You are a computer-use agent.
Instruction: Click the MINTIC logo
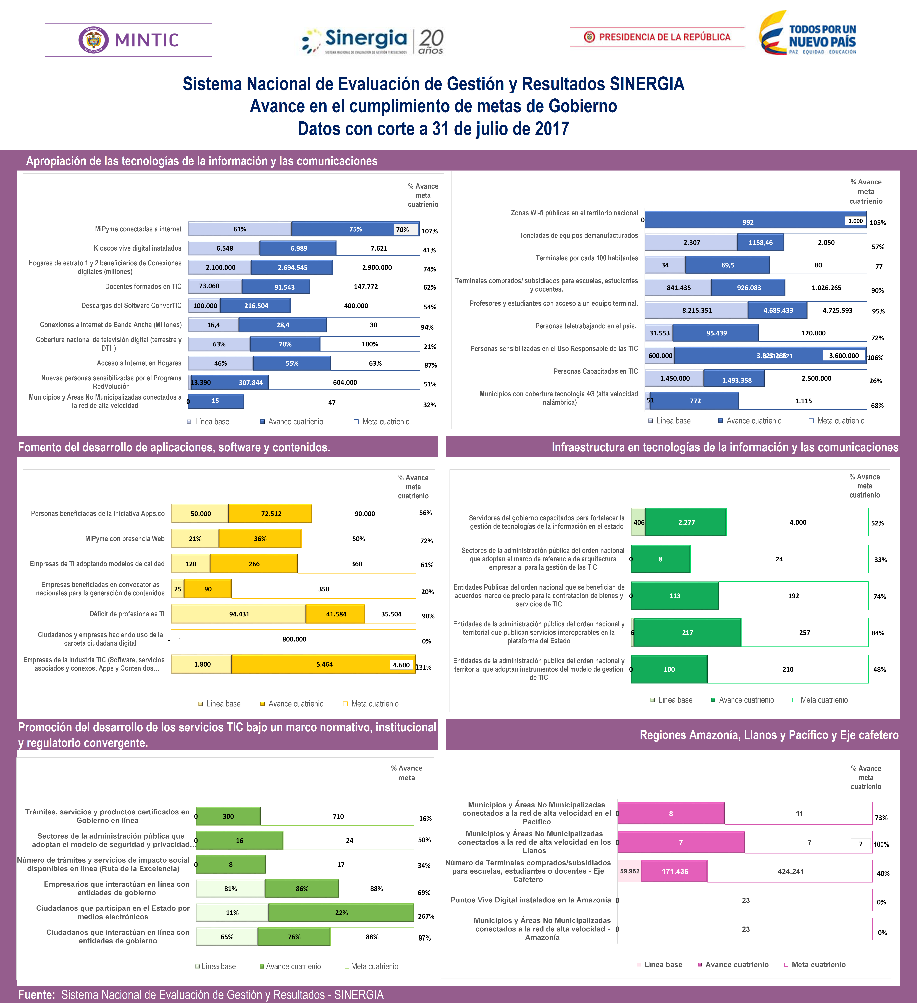129,40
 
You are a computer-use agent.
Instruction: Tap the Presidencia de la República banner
657,37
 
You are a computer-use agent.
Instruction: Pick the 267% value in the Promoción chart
426,916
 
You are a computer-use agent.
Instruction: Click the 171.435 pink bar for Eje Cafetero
675,871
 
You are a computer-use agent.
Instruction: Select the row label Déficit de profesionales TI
127,614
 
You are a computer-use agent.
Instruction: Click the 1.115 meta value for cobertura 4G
803,401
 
